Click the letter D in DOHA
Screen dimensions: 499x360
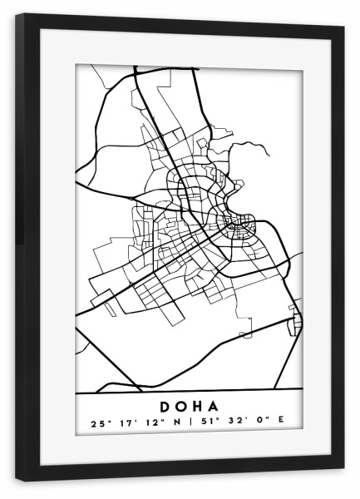163,407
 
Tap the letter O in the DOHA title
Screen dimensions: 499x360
181,407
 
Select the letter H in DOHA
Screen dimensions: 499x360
198,407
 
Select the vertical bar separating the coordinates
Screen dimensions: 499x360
189,422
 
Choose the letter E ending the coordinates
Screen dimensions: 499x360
279,422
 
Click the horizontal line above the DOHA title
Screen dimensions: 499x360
188,392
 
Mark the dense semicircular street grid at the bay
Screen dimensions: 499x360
240,225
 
